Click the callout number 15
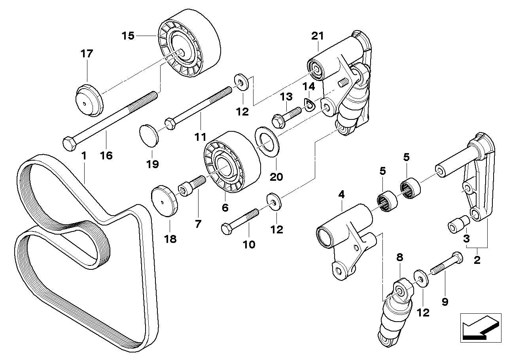[x=128, y=36]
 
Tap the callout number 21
[x=317, y=36]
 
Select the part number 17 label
[x=87, y=53]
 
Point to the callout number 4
[x=341, y=194]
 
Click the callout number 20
[x=276, y=176]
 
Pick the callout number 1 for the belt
[x=83, y=156]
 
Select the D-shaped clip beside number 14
[x=309, y=105]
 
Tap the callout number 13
[x=286, y=97]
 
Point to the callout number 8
[x=399, y=258]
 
